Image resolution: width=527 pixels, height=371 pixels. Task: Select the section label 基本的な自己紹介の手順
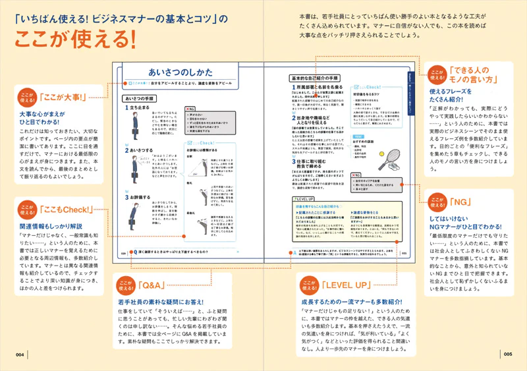coord(315,78)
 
